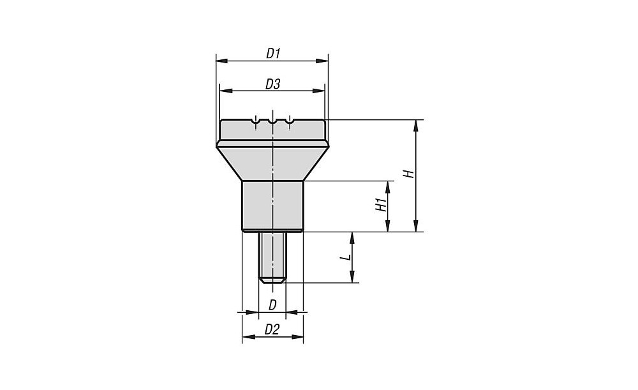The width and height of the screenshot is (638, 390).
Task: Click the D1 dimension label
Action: (x=274, y=54)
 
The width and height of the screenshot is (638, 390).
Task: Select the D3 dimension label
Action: (x=273, y=84)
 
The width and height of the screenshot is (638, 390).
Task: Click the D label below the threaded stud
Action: (x=272, y=305)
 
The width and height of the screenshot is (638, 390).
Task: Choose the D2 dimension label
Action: (x=272, y=329)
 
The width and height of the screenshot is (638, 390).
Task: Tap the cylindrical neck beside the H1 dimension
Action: (x=272, y=206)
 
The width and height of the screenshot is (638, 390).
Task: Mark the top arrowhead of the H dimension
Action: (x=415, y=126)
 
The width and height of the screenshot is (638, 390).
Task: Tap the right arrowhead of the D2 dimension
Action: (x=298, y=336)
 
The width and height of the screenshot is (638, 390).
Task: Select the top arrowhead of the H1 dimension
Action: (x=388, y=186)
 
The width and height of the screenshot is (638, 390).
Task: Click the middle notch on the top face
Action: (x=272, y=121)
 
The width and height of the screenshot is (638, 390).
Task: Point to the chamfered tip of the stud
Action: (x=272, y=281)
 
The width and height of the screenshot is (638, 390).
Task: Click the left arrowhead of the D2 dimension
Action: (x=248, y=336)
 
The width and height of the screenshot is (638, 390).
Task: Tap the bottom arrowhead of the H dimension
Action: (x=415, y=226)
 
